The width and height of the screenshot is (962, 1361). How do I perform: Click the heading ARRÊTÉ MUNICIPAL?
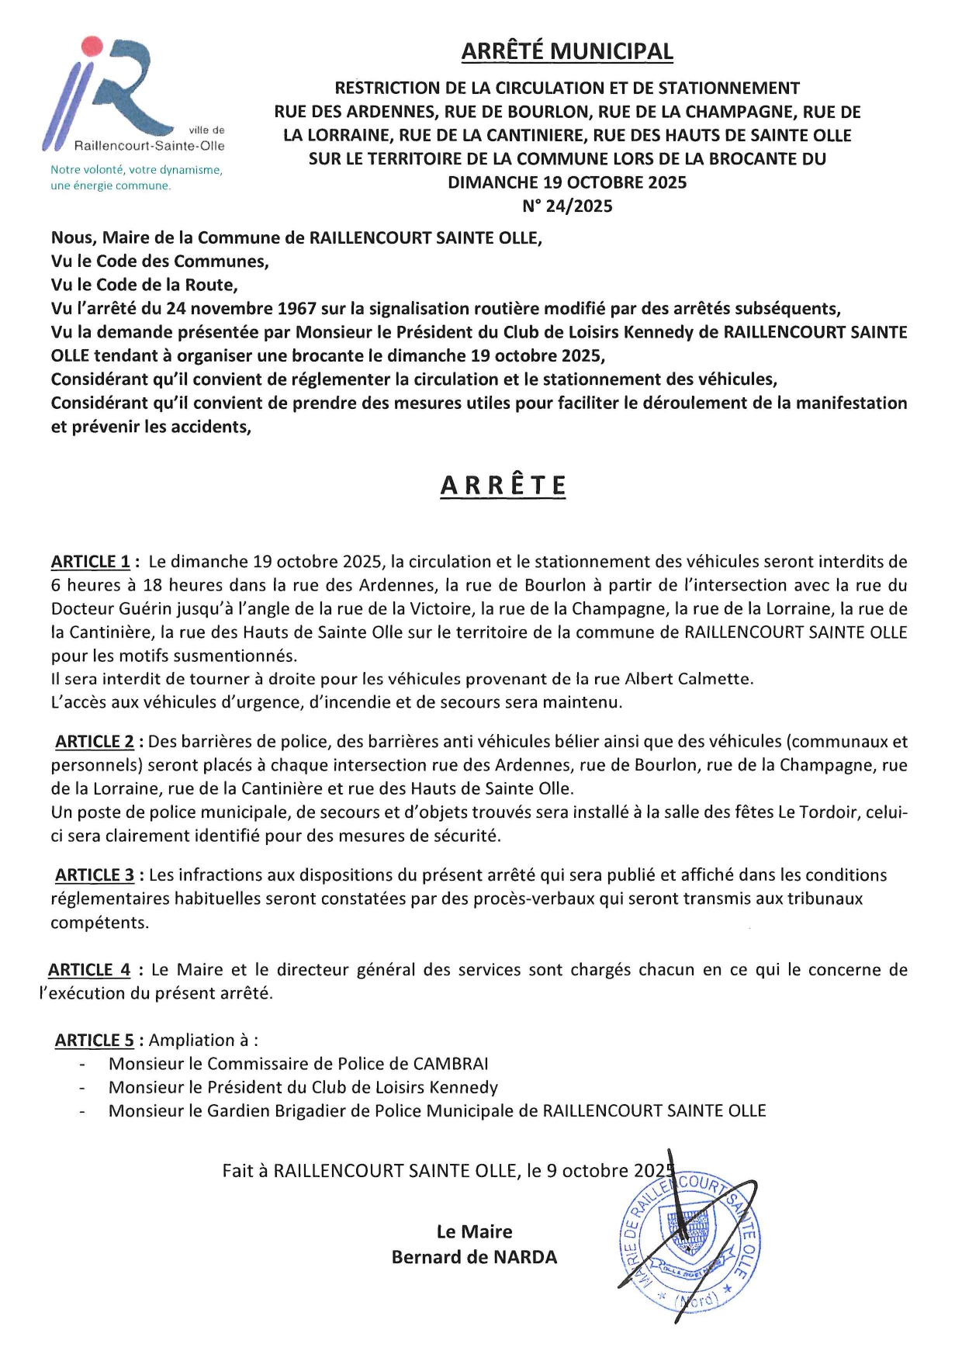567,51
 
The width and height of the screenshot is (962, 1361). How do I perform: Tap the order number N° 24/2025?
567,206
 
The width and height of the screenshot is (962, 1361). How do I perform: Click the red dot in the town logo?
92,46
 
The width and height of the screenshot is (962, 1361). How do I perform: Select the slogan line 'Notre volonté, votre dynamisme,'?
137,170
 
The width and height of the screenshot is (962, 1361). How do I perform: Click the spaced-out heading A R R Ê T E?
503,486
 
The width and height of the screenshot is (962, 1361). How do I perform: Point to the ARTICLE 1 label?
91,562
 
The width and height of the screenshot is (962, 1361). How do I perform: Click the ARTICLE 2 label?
94,742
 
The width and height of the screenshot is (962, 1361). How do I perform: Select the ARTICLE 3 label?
94,875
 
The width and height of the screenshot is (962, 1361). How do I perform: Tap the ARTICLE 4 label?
89,970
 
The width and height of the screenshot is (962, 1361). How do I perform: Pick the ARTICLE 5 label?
94,1041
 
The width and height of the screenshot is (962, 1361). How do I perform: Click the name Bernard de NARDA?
474,1257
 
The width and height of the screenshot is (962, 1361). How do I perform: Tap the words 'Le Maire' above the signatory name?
474,1231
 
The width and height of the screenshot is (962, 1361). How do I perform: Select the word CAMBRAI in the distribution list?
450,1064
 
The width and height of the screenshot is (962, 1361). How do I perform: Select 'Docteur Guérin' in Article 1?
106,609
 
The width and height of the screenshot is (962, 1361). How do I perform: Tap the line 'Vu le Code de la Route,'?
144,285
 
